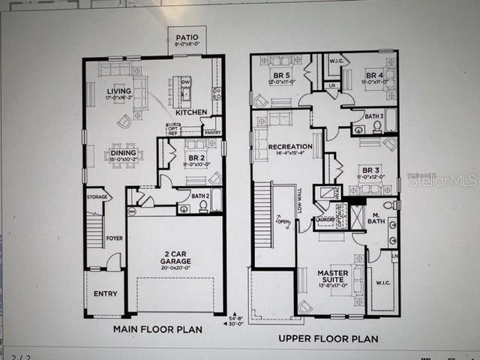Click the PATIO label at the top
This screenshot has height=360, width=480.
[187, 38]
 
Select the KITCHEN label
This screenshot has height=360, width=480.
[191, 112]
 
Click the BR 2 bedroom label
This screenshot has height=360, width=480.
[196, 158]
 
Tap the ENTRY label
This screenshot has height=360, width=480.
[105, 293]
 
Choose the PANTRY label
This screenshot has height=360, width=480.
[212, 133]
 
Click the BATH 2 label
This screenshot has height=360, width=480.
[200, 196]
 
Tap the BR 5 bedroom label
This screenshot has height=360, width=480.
[281, 76]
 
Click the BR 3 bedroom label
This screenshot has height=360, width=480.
[370, 170]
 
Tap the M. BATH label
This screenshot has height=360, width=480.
[375, 220]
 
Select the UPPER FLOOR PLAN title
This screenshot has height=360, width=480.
[328, 338]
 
